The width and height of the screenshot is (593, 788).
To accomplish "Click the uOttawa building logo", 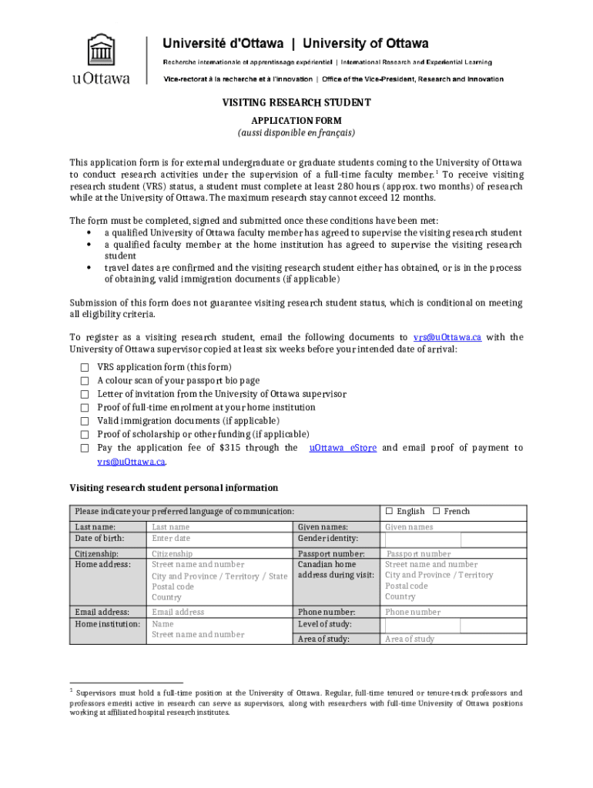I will [100, 52].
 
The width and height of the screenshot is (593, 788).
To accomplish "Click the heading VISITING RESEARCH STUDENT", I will [296, 102].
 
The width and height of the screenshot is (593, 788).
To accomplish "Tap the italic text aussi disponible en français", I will [296, 132].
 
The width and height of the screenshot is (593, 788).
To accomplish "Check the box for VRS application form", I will [85, 368].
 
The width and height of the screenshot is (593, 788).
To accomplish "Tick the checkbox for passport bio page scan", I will [85, 381].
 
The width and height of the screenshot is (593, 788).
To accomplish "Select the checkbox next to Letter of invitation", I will [85, 394].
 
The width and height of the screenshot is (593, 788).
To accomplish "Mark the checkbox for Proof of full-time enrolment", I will [85, 408].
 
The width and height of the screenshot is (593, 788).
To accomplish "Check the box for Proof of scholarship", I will [85, 435].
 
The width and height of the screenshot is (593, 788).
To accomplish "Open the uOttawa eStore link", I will [343, 448].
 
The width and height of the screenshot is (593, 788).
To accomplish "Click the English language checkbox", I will [389, 512].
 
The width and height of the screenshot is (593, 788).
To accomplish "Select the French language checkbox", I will [436, 512].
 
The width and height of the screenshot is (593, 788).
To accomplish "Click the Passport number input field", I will [454, 554].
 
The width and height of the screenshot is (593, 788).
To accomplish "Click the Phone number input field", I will [454, 613].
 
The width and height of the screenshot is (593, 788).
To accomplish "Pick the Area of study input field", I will [454, 639].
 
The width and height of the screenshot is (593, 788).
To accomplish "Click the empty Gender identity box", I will [422, 539].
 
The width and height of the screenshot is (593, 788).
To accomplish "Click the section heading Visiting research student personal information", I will [174, 488].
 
